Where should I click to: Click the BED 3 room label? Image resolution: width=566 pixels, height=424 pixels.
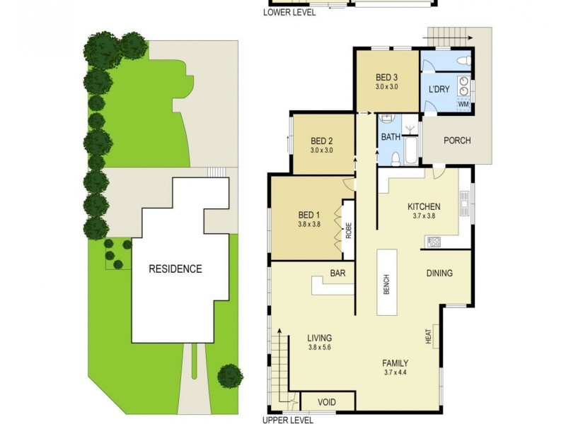pyautogui.click(x=387, y=77)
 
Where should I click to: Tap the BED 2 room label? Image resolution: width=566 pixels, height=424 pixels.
pyautogui.click(x=321, y=140)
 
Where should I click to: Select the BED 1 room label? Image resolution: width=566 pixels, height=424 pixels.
pyautogui.click(x=309, y=215)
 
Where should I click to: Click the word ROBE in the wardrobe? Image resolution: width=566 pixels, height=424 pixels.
pyautogui.click(x=348, y=232)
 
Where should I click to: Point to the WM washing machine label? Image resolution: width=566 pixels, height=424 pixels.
pyautogui.click(x=464, y=105)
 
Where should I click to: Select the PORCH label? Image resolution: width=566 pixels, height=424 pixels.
pyautogui.click(x=457, y=140)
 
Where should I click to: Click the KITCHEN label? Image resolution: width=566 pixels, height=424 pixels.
pyautogui.click(x=424, y=206)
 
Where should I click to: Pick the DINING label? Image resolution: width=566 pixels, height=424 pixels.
pyautogui.click(x=439, y=273)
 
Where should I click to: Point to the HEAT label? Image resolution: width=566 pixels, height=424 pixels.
pyautogui.click(x=429, y=338)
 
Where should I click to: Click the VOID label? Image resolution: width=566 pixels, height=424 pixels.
pyautogui.click(x=326, y=402)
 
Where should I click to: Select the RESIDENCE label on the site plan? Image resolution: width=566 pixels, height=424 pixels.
pyautogui.click(x=175, y=269)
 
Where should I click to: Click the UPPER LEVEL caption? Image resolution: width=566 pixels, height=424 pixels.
pyautogui.click(x=287, y=420)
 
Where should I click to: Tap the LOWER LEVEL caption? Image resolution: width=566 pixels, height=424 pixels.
pyautogui.click(x=289, y=12)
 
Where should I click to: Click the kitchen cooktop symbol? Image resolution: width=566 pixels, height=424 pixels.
pyautogui.click(x=433, y=242)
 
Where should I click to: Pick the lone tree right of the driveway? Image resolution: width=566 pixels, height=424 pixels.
pyautogui.click(x=229, y=375)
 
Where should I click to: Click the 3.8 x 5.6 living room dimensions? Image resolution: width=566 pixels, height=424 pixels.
pyautogui.click(x=320, y=348)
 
